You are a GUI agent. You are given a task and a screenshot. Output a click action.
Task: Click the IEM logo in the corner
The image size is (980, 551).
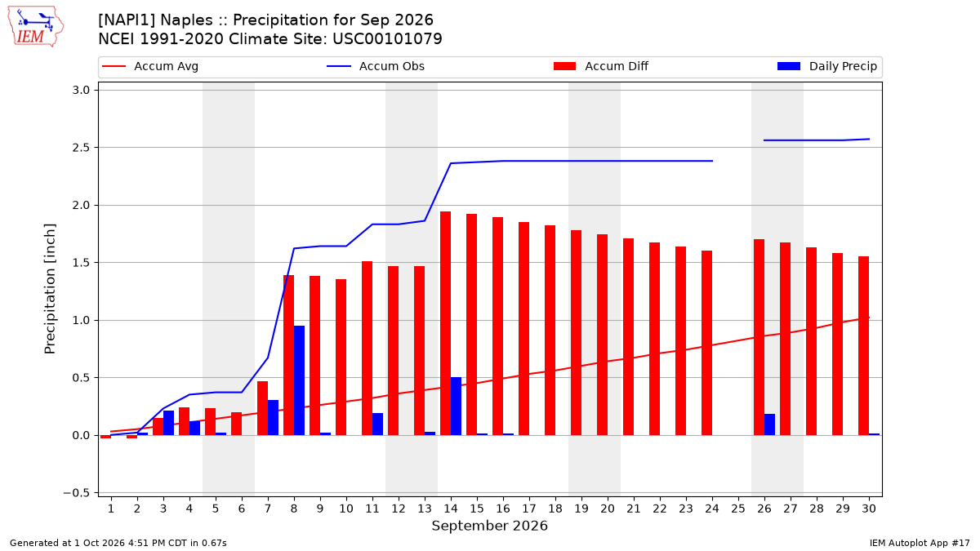tap(36, 27)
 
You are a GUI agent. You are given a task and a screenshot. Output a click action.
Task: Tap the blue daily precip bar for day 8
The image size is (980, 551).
tap(299, 380)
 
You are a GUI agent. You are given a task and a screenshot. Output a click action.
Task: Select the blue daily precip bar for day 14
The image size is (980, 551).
tap(456, 407)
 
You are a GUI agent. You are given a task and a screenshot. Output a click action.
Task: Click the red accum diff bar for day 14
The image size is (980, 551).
tap(445, 323)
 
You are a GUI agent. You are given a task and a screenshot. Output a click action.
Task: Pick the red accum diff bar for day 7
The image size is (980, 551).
tap(262, 408)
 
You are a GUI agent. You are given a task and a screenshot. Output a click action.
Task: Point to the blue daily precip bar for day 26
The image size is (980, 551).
tap(769, 424)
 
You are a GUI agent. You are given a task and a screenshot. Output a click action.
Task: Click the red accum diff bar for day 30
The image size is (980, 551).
tap(864, 346)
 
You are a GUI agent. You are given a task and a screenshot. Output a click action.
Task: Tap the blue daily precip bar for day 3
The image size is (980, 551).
tap(168, 423)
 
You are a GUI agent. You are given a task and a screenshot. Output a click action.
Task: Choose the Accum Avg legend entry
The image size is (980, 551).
tap(150, 66)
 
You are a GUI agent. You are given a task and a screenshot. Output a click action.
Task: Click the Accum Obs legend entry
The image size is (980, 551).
tap(376, 66)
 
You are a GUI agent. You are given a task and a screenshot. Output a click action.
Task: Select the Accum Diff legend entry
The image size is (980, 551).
tap(601, 66)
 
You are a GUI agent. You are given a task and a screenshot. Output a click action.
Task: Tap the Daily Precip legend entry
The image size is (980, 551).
tap(827, 66)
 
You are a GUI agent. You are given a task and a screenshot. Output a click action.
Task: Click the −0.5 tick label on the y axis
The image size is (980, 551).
tap(76, 493)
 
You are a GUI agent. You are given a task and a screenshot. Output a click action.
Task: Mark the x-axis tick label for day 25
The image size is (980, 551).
tap(738, 509)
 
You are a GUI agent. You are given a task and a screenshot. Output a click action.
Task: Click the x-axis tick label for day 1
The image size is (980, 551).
tap(111, 509)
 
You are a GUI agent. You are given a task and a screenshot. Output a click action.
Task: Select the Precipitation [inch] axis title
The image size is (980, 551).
tap(50, 289)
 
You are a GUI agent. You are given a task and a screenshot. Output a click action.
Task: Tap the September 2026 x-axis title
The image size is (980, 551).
tap(489, 526)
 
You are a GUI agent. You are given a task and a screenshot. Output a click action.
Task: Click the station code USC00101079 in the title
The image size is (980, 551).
tap(388, 39)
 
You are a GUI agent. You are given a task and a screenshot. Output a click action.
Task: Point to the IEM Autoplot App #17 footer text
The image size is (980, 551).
tap(920, 543)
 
